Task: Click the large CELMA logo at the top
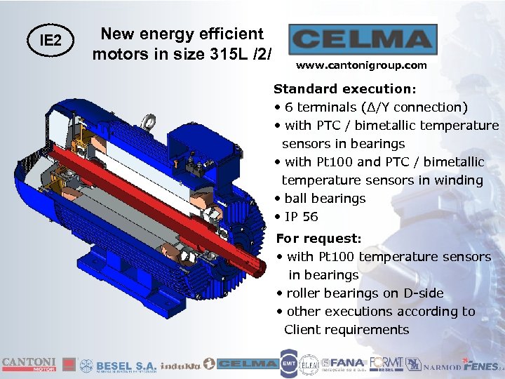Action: coord(363,39)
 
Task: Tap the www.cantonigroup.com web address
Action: coord(361,65)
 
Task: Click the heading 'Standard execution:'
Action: coord(345,89)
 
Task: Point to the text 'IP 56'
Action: coord(301,217)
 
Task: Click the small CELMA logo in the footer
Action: coord(246,364)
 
